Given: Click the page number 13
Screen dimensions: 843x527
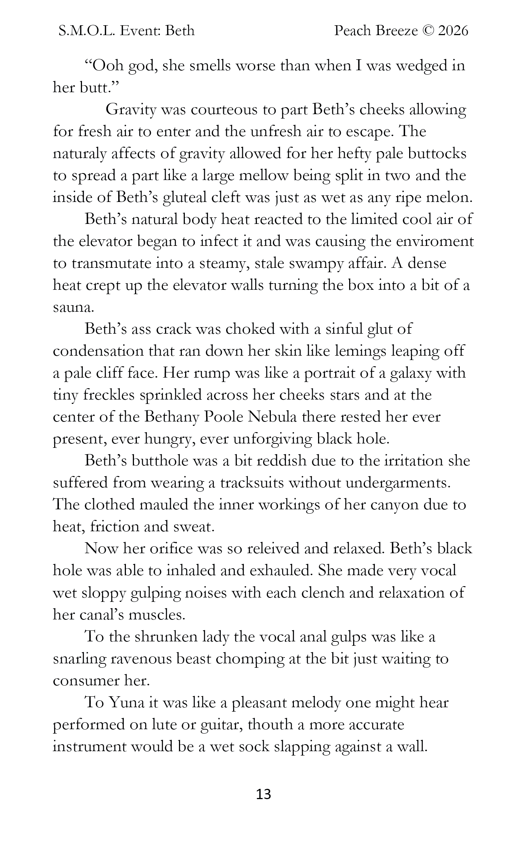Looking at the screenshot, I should (263, 794).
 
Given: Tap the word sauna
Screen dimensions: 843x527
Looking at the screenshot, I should (73, 308).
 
